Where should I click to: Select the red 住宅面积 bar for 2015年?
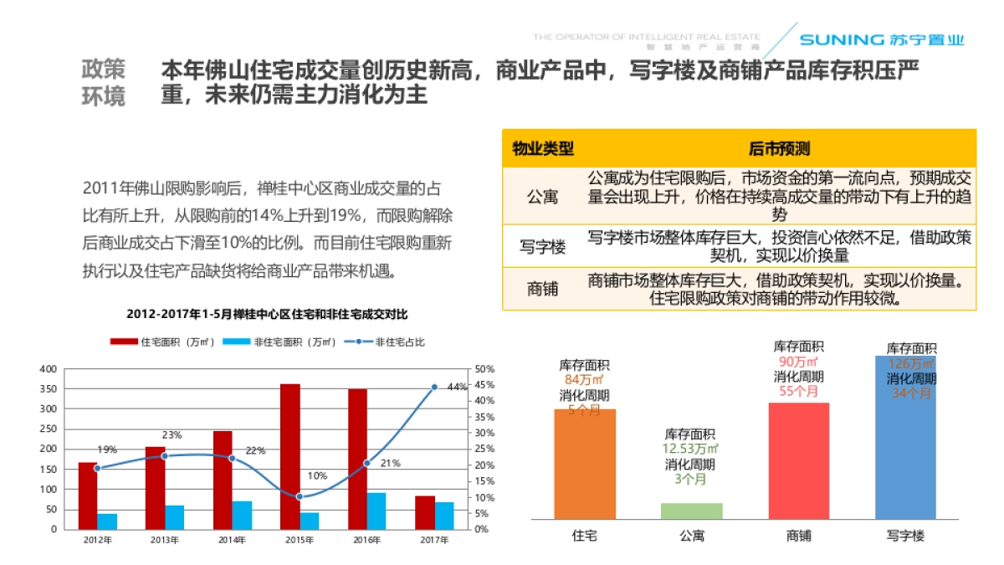coord(290,456)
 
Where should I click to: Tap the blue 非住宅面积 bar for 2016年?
coord(376,511)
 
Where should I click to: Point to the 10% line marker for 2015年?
coord(300,496)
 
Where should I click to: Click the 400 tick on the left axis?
coord(49,369)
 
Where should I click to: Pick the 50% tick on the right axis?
coord(485,369)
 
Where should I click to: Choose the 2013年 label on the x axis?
coord(165,540)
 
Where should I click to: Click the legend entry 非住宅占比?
coord(392,342)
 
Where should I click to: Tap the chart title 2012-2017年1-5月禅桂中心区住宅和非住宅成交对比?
coord(268,315)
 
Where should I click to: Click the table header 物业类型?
coord(543,149)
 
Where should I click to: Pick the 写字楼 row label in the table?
coord(543,247)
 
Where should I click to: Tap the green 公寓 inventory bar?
coord(692,511)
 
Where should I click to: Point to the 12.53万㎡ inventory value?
coord(690,449)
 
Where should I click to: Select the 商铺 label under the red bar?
coord(799,535)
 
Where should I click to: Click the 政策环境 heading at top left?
coord(104,82)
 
